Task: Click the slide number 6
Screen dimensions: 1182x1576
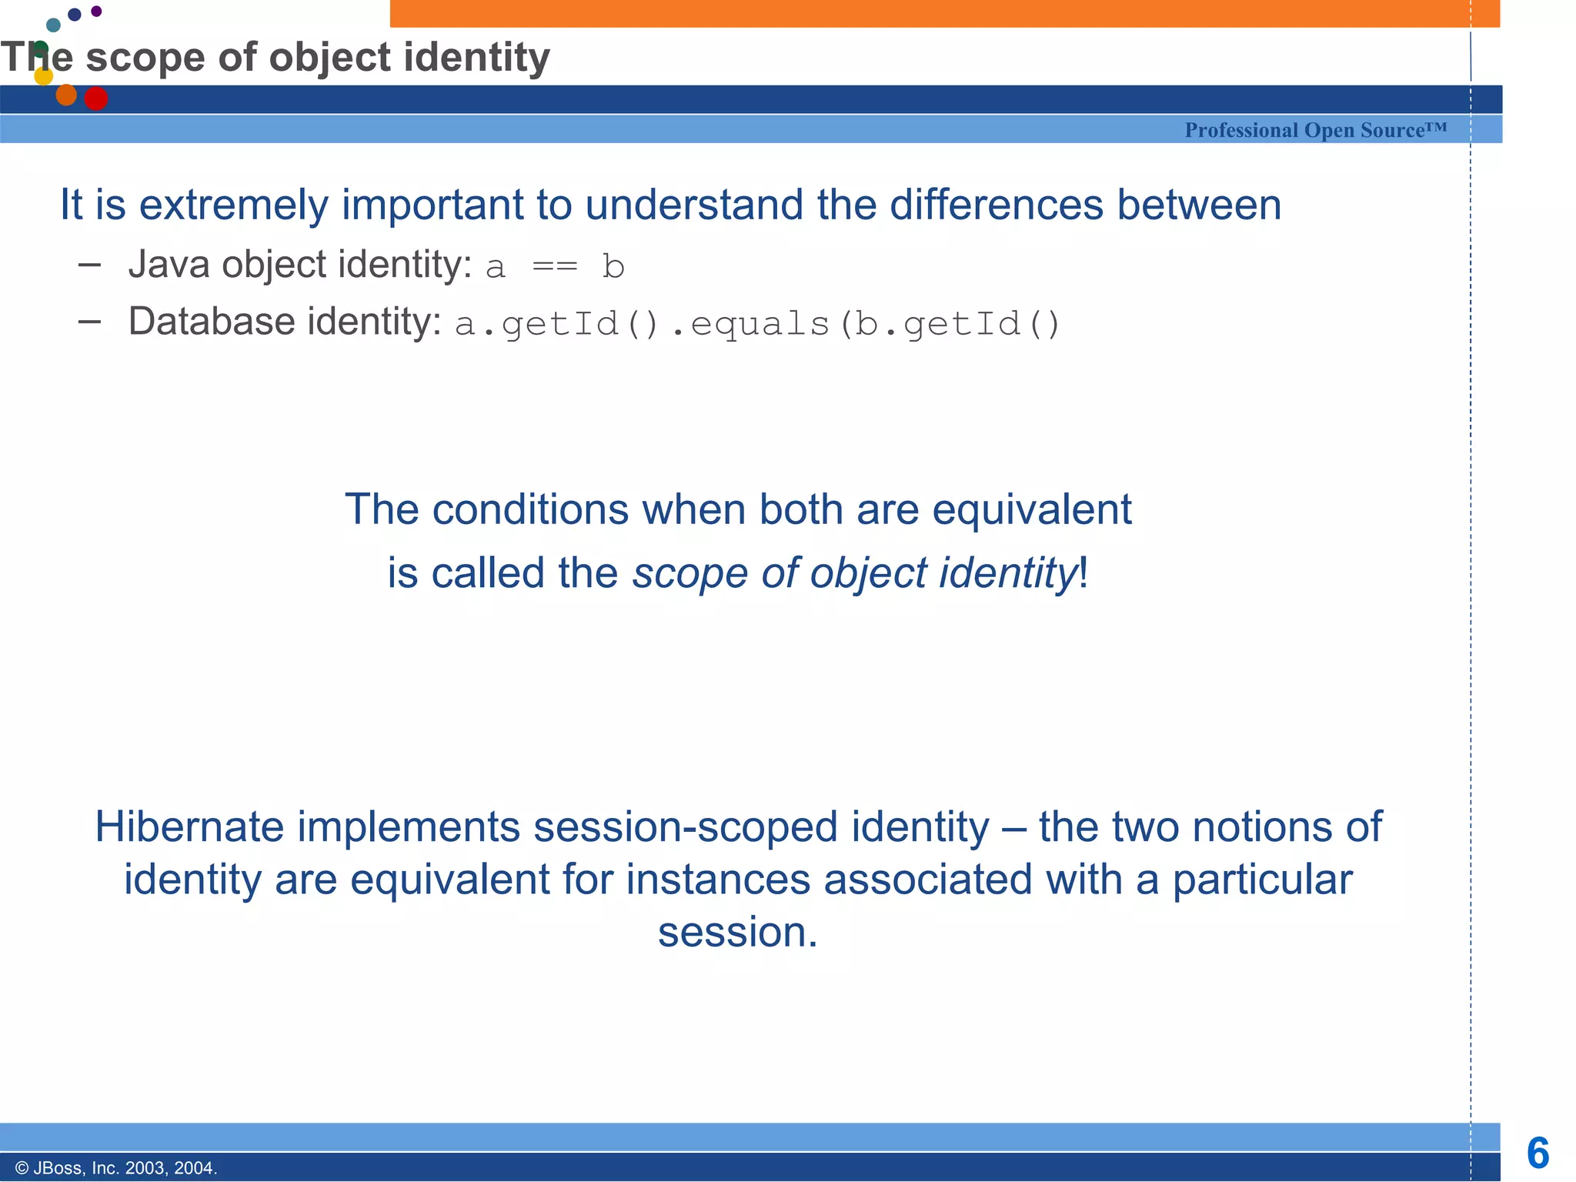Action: (x=1538, y=1154)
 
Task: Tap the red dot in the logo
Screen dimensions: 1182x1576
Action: (x=95, y=98)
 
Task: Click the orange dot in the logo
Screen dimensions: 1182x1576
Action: (x=66, y=95)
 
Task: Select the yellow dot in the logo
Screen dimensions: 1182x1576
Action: (x=44, y=75)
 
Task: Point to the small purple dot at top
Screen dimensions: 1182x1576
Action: (x=96, y=11)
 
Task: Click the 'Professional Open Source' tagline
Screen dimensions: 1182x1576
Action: (x=1315, y=130)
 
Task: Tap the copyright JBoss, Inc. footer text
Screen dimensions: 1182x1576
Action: (x=116, y=1168)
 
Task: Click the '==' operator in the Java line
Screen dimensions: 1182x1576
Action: (x=554, y=267)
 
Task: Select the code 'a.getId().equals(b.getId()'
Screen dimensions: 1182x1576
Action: (x=757, y=324)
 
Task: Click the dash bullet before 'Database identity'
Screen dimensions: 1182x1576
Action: (x=90, y=322)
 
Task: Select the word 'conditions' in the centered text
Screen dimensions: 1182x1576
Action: (x=530, y=509)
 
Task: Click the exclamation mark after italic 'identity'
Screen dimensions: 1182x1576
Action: (x=1083, y=573)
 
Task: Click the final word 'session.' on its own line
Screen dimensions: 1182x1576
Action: (x=737, y=932)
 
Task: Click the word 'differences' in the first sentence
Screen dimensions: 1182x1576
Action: (x=996, y=205)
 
